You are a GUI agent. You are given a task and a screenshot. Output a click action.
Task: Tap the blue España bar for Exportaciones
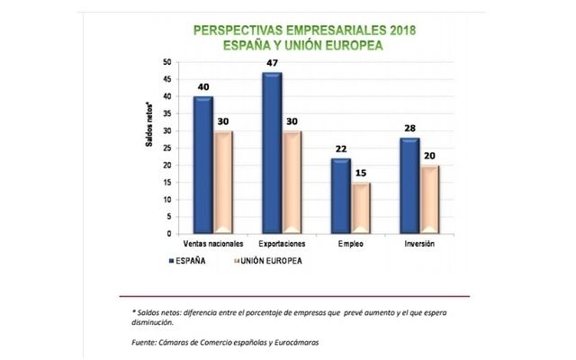coord(272,153)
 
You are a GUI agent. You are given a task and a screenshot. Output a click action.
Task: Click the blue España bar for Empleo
coord(341,196)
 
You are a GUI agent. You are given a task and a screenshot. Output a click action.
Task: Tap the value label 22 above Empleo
coord(341,148)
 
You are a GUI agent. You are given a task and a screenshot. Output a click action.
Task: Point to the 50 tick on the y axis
coord(166,62)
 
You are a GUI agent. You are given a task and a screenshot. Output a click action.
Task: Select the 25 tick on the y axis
coord(166,148)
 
